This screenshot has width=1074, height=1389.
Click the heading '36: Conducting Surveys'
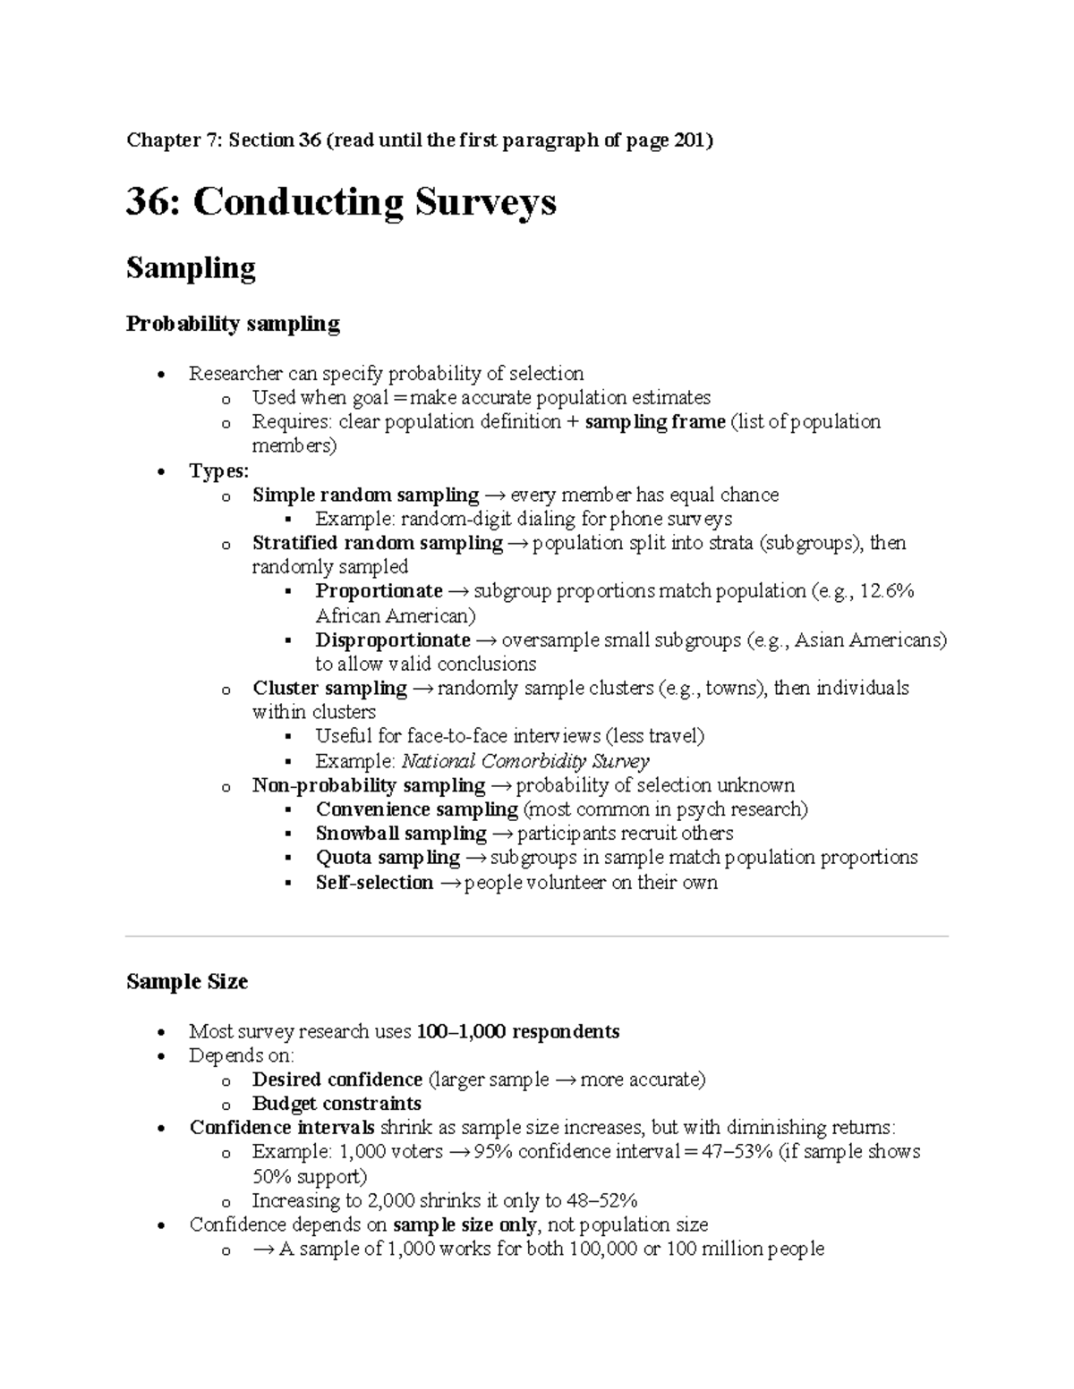[341, 202]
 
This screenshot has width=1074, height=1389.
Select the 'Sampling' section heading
[191, 267]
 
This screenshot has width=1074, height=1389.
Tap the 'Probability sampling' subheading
[233, 324]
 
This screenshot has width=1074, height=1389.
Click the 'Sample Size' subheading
[187, 982]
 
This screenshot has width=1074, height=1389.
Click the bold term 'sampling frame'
[654, 422]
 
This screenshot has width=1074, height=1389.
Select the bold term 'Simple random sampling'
[365, 495]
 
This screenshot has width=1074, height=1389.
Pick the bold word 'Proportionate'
[379, 591]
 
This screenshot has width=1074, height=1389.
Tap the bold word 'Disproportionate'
[392, 640]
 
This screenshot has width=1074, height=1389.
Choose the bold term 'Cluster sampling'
[329, 689]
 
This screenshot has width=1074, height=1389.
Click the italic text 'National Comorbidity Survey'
[525, 762]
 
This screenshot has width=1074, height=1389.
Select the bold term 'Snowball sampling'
[400, 834]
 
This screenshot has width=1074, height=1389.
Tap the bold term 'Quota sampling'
[387, 858]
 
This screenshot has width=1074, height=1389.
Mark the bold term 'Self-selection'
[374, 883]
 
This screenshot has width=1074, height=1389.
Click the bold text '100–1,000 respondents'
[517, 1032]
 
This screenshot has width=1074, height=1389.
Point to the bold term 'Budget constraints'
[337, 1104]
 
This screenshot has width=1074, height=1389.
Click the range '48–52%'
[602, 1201]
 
